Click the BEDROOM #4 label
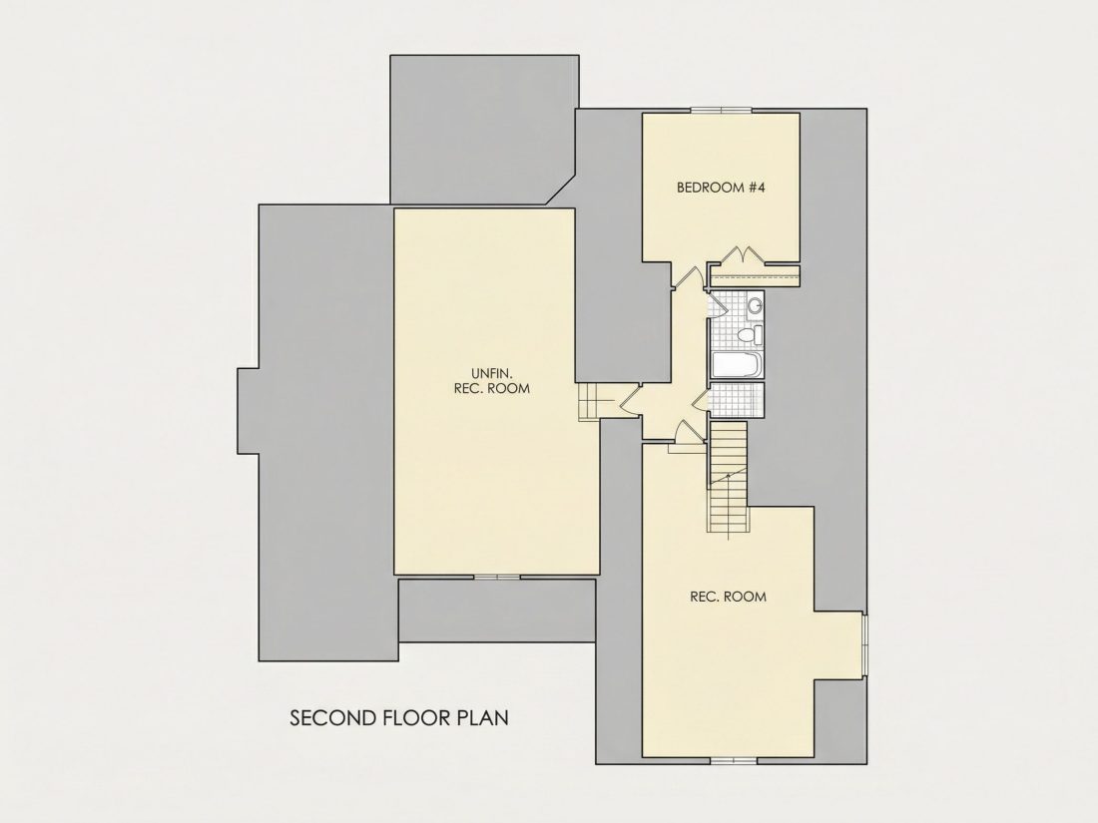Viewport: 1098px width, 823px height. pos(721,188)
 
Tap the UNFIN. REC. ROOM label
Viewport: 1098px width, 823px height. pos(491,381)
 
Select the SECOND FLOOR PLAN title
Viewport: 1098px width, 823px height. pos(399,718)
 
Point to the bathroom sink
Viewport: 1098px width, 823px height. pos(755,305)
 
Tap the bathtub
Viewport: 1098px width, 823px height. pos(736,365)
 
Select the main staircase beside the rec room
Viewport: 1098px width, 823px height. pos(729,480)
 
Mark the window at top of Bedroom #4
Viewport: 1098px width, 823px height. pos(722,110)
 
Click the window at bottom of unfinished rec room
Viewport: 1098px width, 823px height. pos(497,578)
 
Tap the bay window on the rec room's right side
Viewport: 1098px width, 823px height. pos(864,646)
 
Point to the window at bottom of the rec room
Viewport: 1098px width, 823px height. pos(734,760)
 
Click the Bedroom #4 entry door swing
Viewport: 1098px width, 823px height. pos(687,277)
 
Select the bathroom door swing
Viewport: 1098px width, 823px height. pos(715,305)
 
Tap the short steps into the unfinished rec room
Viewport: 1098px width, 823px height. pos(590,401)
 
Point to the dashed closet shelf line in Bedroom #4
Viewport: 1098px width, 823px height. pos(755,277)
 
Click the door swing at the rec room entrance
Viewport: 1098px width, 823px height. pos(689,430)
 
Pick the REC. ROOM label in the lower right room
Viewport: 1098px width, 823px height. pos(729,597)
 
